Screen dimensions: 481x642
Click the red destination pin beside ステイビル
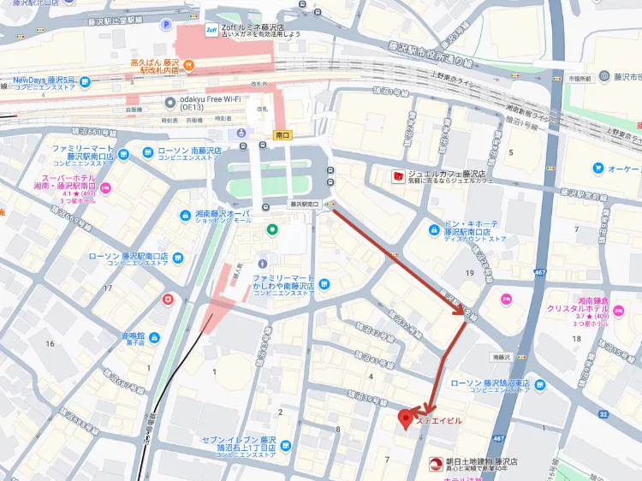[406, 419]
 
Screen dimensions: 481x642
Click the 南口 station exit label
[283, 135]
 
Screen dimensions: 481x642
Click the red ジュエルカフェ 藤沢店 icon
[397, 177]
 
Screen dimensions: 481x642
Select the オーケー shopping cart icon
[597, 168]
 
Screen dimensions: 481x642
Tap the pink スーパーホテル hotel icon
[105, 187]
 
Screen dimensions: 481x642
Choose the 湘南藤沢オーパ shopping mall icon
[186, 215]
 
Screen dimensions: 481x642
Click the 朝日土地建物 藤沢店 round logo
[436, 465]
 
